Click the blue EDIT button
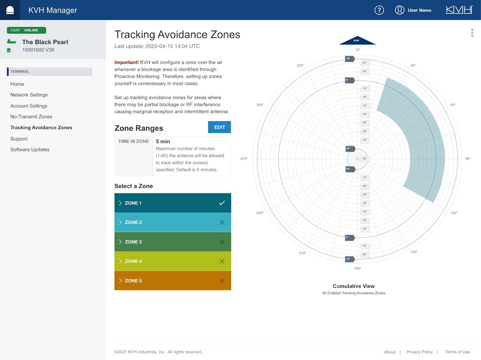point(219,127)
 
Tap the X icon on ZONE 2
point(222,222)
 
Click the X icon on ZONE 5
point(222,281)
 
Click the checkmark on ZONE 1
point(222,203)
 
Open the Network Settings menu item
point(29,95)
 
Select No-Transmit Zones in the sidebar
point(32,117)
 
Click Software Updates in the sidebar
point(30,149)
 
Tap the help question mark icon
point(379,10)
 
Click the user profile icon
point(399,10)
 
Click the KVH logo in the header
point(459,10)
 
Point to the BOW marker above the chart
point(357,40)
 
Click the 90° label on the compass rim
point(467,159)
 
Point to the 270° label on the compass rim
point(244,159)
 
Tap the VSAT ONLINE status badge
point(27,30)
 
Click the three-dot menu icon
point(472,33)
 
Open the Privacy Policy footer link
point(419,352)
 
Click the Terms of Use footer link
point(457,352)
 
